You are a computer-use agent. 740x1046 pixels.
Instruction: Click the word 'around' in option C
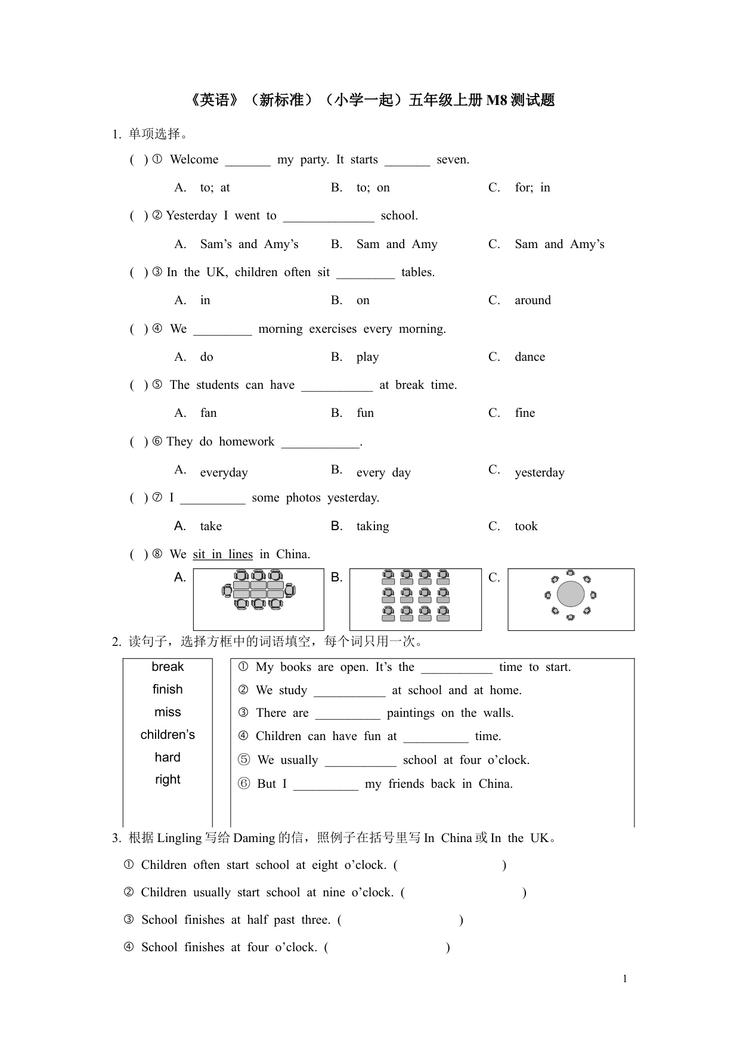532,301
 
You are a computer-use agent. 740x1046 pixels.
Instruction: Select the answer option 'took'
526,526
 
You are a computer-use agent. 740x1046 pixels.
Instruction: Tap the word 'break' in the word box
168,667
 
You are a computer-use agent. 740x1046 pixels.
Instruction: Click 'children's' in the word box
168,735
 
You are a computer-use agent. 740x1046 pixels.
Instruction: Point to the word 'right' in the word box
168,779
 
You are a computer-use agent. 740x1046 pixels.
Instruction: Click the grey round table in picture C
571,594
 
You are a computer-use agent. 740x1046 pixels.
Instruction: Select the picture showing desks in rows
415,598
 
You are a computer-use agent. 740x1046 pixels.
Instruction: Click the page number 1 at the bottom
625,979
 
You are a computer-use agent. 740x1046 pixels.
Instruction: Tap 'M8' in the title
497,100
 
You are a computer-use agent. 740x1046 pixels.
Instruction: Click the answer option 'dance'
530,357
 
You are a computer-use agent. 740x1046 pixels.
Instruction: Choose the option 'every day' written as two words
383,473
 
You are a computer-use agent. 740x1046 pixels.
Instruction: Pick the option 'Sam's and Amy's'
249,245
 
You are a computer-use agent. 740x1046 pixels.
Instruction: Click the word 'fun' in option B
365,413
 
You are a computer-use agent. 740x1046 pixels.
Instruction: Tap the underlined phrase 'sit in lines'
222,555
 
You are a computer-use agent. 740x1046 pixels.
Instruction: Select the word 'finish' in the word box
168,689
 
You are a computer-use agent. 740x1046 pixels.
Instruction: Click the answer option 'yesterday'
539,473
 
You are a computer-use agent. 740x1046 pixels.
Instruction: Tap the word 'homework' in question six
246,442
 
